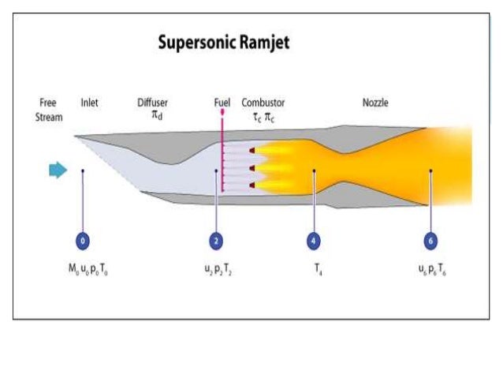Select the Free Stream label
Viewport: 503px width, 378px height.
[50, 110]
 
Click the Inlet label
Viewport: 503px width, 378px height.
[90, 103]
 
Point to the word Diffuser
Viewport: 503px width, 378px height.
[152, 103]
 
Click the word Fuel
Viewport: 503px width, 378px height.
[222, 103]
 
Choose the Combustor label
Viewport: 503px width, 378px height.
[263, 103]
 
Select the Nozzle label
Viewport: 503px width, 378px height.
[375, 103]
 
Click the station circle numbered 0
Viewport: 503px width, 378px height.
[83, 241]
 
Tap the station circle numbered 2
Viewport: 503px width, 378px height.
[216, 241]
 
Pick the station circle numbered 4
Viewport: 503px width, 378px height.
[315, 241]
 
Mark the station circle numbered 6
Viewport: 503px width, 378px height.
[430, 241]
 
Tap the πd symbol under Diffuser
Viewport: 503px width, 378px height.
[155, 117]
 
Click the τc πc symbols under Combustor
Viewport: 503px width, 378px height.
[263, 117]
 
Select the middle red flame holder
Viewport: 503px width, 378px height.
[251, 168]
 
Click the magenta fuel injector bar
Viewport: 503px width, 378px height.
[223, 158]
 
